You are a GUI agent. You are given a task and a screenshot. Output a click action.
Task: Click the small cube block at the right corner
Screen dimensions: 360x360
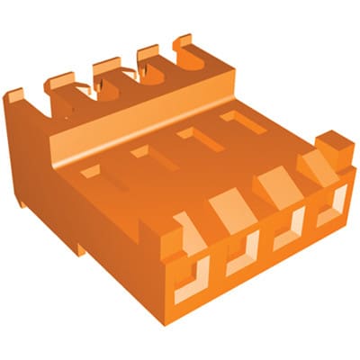click(334, 143)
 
